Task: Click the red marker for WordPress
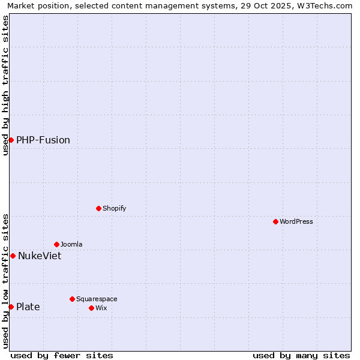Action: [275, 221]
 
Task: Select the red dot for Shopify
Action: [98, 208]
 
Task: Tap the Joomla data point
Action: [56, 244]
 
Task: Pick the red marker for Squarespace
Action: [72, 299]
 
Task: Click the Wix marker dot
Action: [91, 308]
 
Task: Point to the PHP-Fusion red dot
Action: [11, 140]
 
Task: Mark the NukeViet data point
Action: [13, 256]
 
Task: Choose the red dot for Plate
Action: [11, 307]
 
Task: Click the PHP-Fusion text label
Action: [43, 140]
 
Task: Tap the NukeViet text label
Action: [40, 256]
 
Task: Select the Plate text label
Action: [28, 307]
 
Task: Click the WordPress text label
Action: [296, 221]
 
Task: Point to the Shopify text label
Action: [114, 208]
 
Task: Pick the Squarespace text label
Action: [97, 299]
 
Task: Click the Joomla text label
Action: [71, 244]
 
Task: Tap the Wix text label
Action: [101, 308]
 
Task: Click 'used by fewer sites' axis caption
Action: [62, 355]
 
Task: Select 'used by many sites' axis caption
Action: [301, 355]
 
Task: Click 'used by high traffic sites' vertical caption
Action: [5, 85]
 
